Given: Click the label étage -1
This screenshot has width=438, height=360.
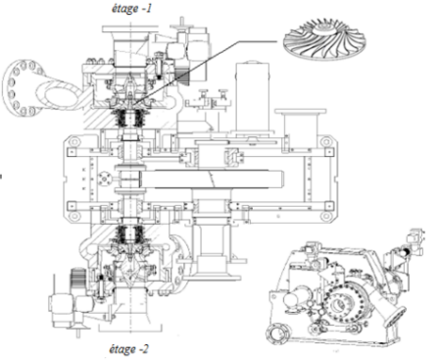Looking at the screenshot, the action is [x=131, y=9].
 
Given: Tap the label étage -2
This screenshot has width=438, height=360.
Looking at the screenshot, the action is [x=129, y=349].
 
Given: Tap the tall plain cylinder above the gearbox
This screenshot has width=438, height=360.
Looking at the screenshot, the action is [x=253, y=97].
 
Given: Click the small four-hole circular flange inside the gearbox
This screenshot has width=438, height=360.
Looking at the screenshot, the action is [x=105, y=179].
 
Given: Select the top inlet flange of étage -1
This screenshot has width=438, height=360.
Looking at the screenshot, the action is [x=130, y=29].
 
